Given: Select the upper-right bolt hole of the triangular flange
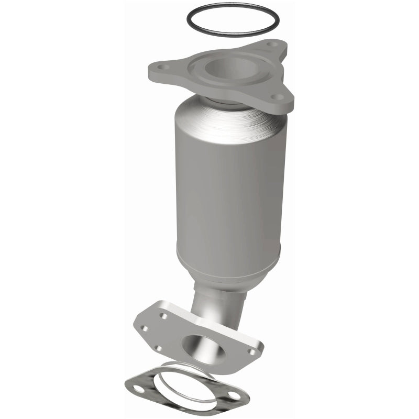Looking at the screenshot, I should pos(269,46).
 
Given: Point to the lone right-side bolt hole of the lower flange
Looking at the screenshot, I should pos(253,352).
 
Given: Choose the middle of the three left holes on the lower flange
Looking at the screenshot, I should pos(145,328).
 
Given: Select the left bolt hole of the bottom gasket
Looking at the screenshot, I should pos(138,389).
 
